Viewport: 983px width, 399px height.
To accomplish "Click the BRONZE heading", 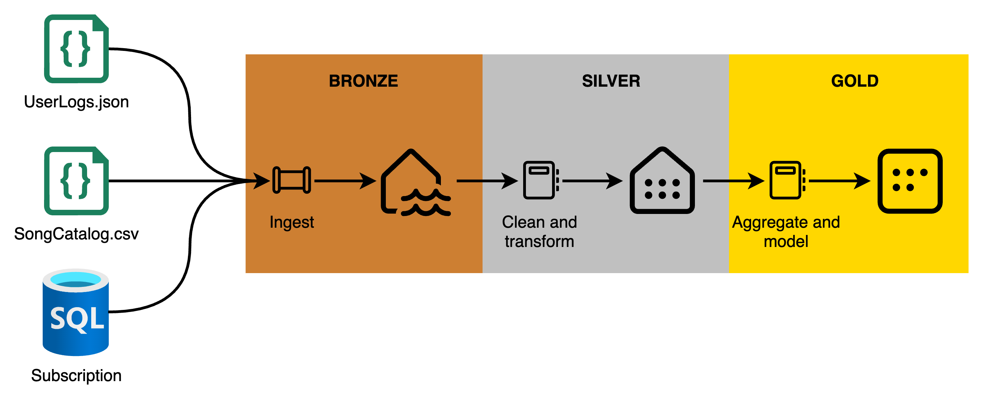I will pyautogui.click(x=363, y=81).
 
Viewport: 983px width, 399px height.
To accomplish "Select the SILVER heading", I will pyautogui.click(x=611, y=81).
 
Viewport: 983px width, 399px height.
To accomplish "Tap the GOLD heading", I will pyautogui.click(x=855, y=81).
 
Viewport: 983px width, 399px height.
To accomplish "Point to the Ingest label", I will pyautogui.click(x=292, y=222).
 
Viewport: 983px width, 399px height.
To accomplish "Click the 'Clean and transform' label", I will pyautogui.click(x=539, y=231).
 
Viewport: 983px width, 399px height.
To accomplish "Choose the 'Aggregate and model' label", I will pyautogui.click(x=786, y=231).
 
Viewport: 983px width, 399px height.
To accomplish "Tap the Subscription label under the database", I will pyautogui.click(x=76, y=375).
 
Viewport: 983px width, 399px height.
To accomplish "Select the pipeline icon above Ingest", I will pyautogui.click(x=292, y=180).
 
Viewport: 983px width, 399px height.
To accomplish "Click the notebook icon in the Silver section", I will pyautogui.click(x=540, y=180).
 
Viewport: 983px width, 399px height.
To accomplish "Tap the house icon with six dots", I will pyautogui.click(x=662, y=182).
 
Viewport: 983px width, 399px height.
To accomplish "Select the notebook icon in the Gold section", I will pyautogui.click(x=787, y=180).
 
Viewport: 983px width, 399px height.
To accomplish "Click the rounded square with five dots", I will pyautogui.click(x=910, y=181).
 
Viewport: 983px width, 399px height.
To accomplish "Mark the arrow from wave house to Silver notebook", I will pyautogui.click(x=487, y=181).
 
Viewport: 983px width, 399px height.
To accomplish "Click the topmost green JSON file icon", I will pyautogui.click(x=76, y=49).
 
